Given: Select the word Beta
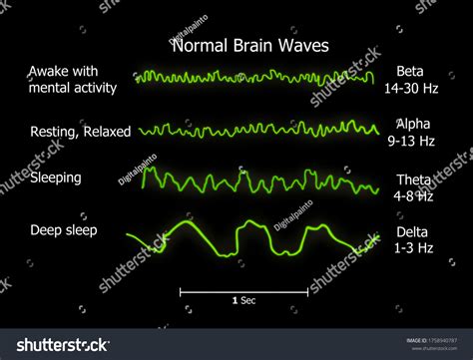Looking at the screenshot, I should click(410, 71).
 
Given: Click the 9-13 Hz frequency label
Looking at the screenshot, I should click(411, 141).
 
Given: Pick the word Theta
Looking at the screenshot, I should click(413, 180).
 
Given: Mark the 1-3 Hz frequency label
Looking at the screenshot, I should click(411, 248).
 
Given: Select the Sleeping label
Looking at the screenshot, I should click(57, 178).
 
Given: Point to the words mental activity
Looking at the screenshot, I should click(73, 87).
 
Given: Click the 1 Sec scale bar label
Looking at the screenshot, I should click(243, 300).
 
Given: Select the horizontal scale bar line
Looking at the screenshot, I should click(243, 291).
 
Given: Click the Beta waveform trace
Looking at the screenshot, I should click(254, 76).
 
